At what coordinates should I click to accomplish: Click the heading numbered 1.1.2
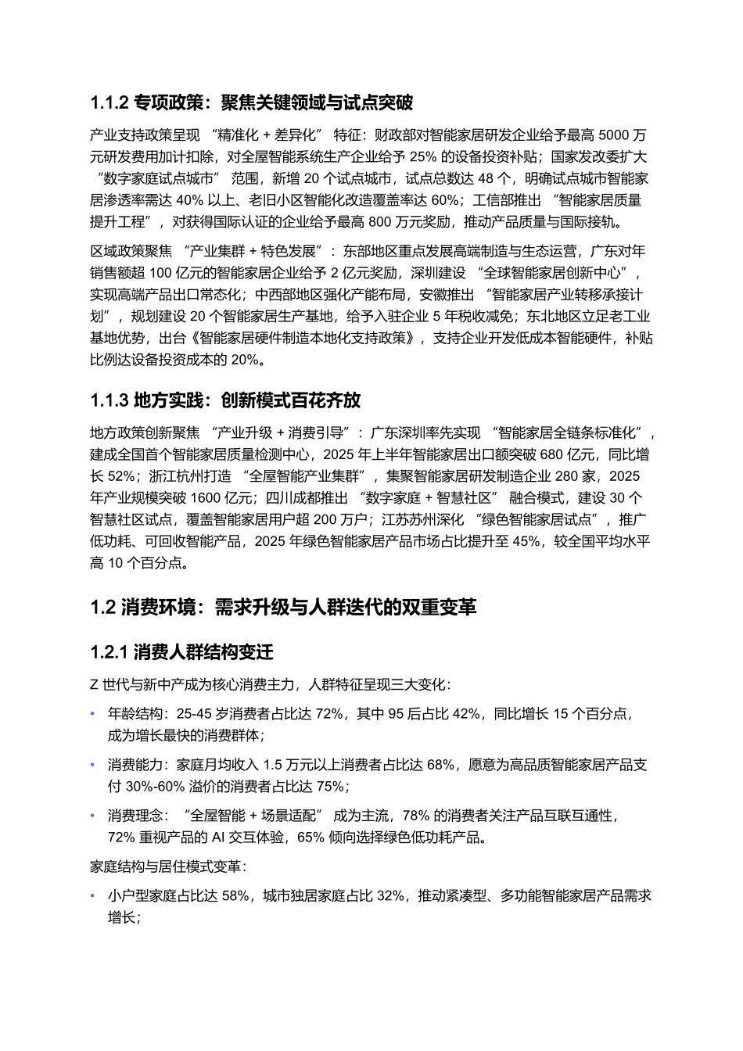point(251,102)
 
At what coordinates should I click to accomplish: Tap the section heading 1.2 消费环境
point(283,607)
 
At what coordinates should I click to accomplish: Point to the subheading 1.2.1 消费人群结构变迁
point(181,652)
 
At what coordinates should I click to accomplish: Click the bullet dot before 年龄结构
point(93,714)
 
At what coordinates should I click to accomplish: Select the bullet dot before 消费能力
point(93,765)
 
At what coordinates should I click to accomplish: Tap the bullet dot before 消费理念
point(93,816)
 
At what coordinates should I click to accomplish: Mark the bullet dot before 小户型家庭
point(93,896)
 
